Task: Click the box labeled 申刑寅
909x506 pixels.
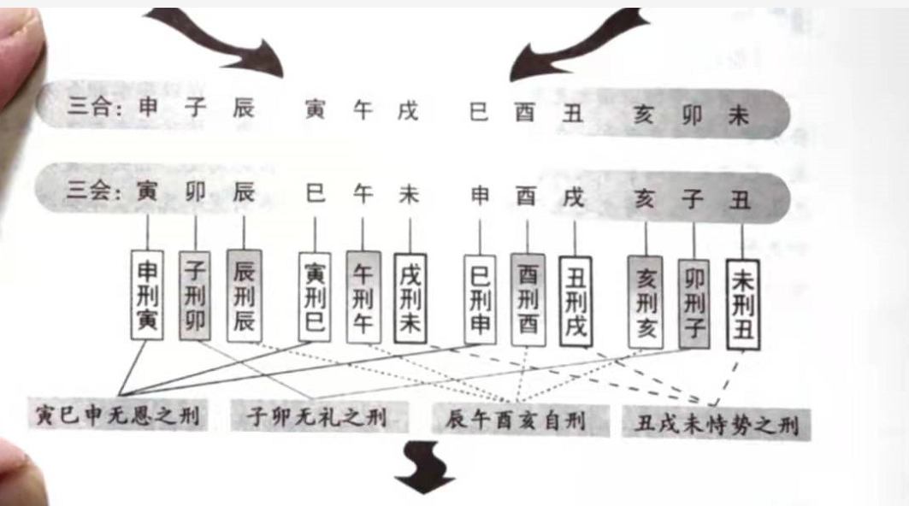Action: [x=147, y=295]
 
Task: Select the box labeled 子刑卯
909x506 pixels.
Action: [x=195, y=296]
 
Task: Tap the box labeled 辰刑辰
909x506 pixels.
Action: [x=244, y=297]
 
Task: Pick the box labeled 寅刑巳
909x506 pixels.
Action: [x=315, y=297]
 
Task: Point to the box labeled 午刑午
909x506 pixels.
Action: [x=363, y=297]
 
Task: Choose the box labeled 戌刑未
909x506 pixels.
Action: [x=410, y=299]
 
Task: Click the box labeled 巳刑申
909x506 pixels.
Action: [x=480, y=300]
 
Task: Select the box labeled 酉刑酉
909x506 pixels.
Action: [x=528, y=300]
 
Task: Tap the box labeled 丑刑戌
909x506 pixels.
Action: [x=576, y=302]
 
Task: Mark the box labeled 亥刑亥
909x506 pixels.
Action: [x=646, y=303]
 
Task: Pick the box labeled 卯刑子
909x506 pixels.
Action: [x=694, y=304]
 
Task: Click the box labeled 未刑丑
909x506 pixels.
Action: [x=742, y=305]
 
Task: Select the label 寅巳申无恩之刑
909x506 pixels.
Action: [x=118, y=415]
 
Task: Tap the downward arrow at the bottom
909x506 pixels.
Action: [x=424, y=468]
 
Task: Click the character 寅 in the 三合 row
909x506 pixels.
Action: [x=315, y=109]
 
